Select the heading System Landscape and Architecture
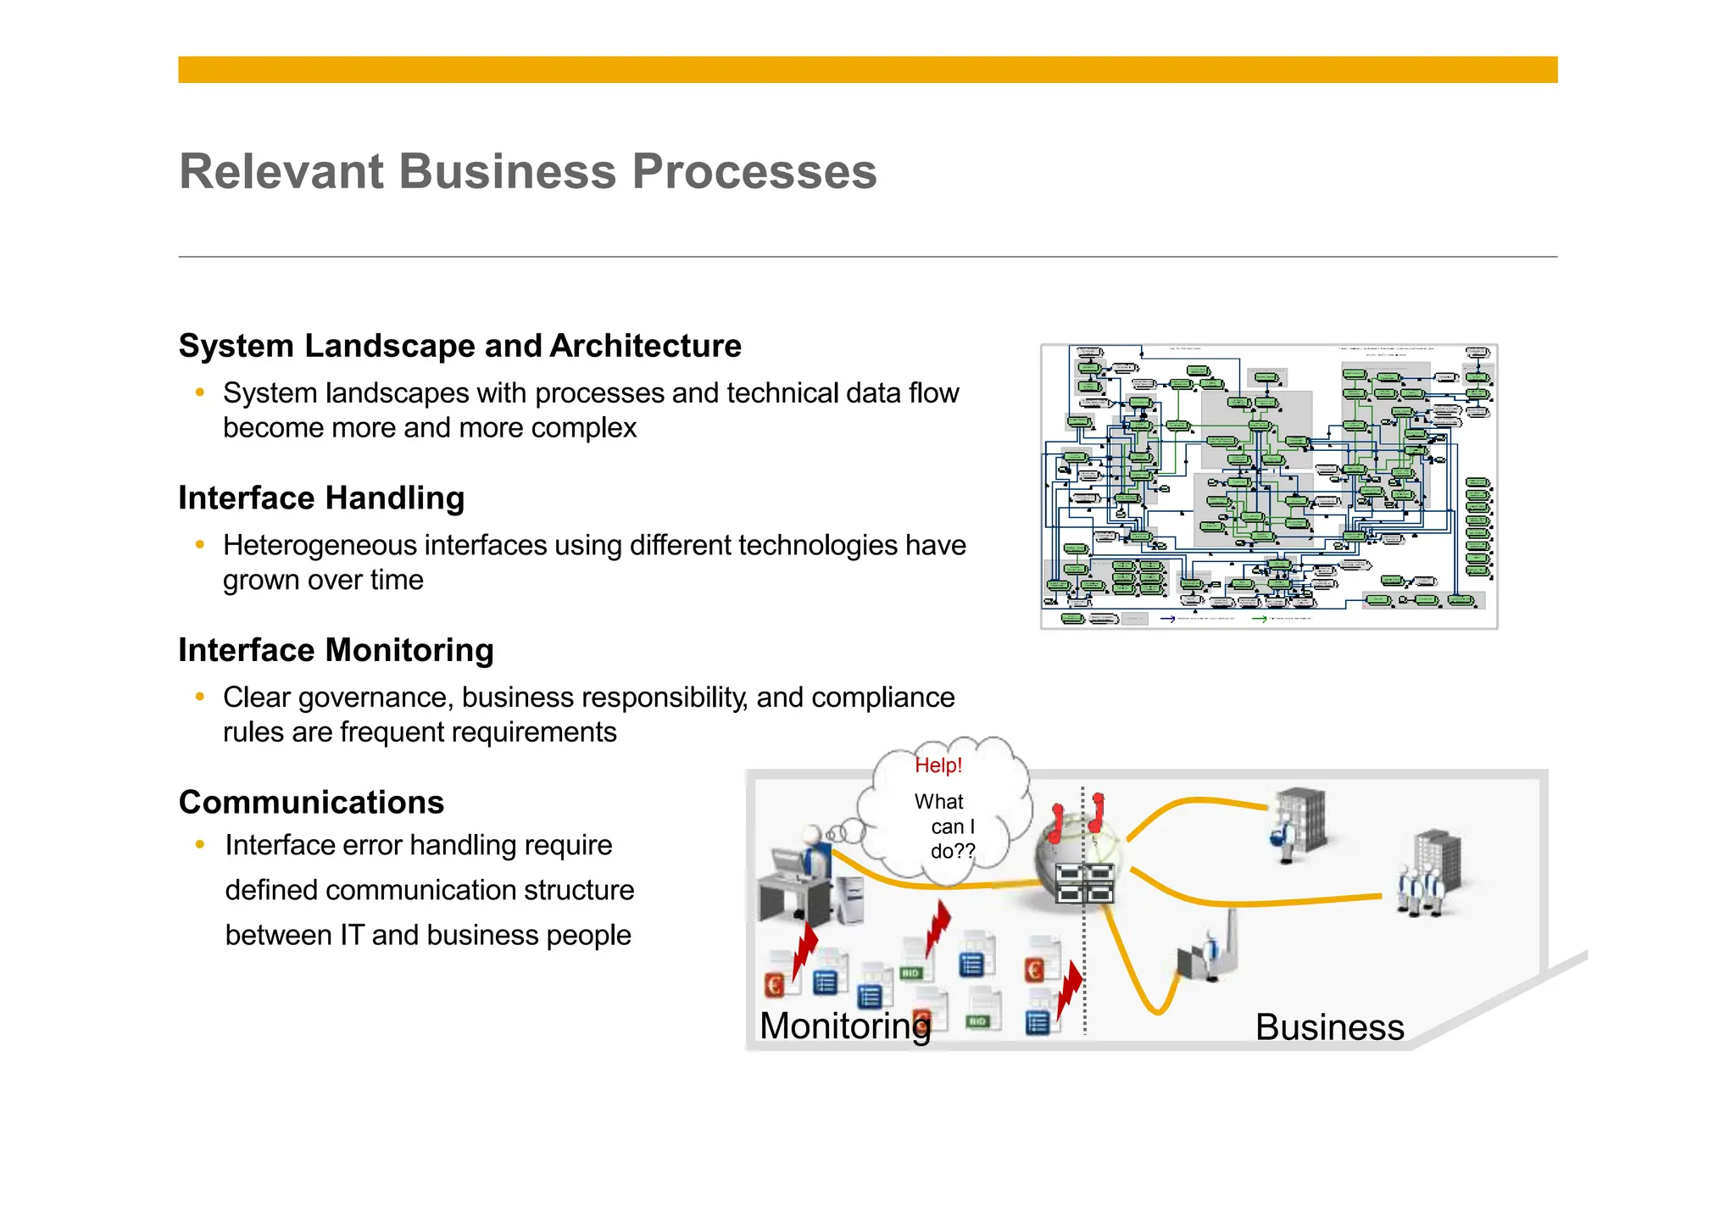pyautogui.click(x=459, y=346)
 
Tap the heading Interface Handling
pyautogui.click(x=321, y=498)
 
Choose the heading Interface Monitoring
pyautogui.click(x=336, y=650)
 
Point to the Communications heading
pyautogui.click(x=311, y=802)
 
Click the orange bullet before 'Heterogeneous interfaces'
pyautogui.click(x=200, y=544)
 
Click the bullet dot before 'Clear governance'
pyautogui.click(x=200, y=697)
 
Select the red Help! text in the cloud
pyautogui.click(x=938, y=765)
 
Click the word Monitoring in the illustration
pyautogui.click(x=844, y=1026)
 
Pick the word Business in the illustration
pyautogui.click(x=1329, y=1027)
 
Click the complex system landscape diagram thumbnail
pyautogui.click(x=1269, y=487)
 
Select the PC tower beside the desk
pyautogui.click(x=849, y=898)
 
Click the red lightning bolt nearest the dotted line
pyautogui.click(x=1070, y=990)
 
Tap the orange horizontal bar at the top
pyautogui.click(x=867, y=70)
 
